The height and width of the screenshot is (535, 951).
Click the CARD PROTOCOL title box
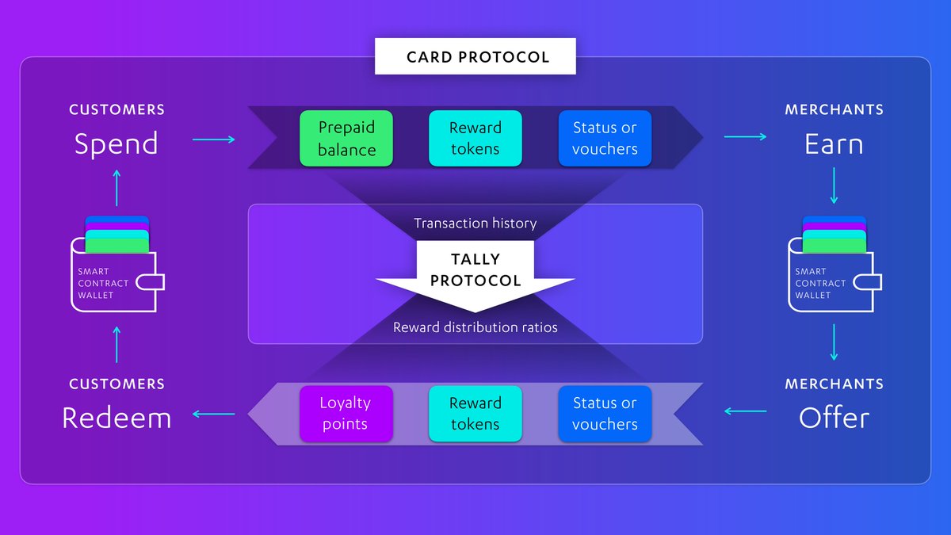pos(475,57)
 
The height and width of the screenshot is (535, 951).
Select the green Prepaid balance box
pos(346,138)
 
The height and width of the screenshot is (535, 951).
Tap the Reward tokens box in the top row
pos(475,138)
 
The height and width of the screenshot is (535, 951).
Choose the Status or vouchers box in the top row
pos(605,138)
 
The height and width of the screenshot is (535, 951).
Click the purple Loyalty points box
pos(346,413)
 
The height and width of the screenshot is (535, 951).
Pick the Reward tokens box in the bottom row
pos(475,413)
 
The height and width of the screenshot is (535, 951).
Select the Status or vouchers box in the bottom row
pos(605,413)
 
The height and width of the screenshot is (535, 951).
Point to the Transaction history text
pos(475,224)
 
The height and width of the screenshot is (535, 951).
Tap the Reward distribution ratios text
pos(475,327)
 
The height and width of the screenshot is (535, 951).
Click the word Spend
pos(116,143)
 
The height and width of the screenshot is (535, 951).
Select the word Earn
pos(834,143)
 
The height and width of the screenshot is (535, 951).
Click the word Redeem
pos(116,418)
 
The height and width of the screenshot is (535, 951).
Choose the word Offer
pos(834,418)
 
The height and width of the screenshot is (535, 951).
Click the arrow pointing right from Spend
pos(214,139)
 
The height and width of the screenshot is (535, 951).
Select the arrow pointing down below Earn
pos(834,189)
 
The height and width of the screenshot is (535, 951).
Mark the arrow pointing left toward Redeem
pos(214,413)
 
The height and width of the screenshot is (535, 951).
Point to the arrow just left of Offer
pos(745,411)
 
